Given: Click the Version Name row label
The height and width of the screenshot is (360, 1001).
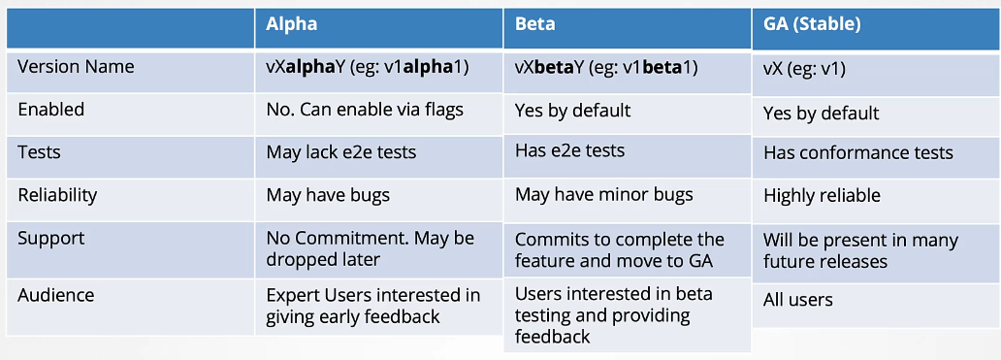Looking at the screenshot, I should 76,67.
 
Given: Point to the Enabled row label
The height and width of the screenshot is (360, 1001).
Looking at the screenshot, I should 51,110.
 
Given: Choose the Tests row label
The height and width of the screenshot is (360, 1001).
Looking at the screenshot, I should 40,152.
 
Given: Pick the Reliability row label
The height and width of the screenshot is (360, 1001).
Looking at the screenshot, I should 57,195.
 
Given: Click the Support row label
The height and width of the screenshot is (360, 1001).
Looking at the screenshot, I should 50,238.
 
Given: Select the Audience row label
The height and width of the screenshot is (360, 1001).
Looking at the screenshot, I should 54,294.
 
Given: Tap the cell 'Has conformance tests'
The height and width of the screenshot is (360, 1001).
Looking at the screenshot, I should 857,152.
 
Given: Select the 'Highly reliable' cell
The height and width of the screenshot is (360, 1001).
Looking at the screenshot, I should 822,195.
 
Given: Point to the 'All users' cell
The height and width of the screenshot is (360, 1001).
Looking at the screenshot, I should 797,300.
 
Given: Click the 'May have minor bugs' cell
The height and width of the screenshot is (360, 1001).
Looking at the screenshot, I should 603,195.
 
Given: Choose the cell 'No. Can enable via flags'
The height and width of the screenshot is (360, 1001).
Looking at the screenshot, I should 365,110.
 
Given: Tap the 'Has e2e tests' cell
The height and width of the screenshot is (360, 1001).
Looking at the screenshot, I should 569,150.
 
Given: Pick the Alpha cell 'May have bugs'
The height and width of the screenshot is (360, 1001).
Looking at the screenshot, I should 328,195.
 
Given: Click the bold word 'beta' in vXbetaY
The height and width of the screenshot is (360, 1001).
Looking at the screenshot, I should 555,67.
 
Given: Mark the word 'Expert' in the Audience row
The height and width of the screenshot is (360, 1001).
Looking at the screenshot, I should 293,294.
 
